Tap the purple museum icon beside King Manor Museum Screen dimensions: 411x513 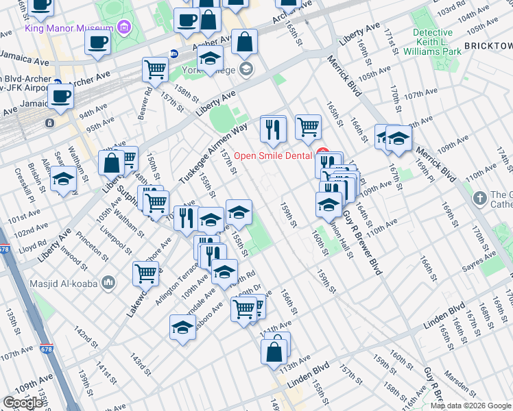(124, 28)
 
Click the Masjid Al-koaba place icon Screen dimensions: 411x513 (108, 282)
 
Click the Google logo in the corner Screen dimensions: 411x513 (23, 403)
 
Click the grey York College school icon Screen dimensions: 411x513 (246, 69)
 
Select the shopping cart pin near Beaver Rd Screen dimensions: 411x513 (156, 70)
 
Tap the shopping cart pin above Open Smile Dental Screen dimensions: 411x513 (308, 127)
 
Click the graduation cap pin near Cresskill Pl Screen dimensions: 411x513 (63, 179)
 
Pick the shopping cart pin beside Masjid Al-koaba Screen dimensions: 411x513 (145, 273)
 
